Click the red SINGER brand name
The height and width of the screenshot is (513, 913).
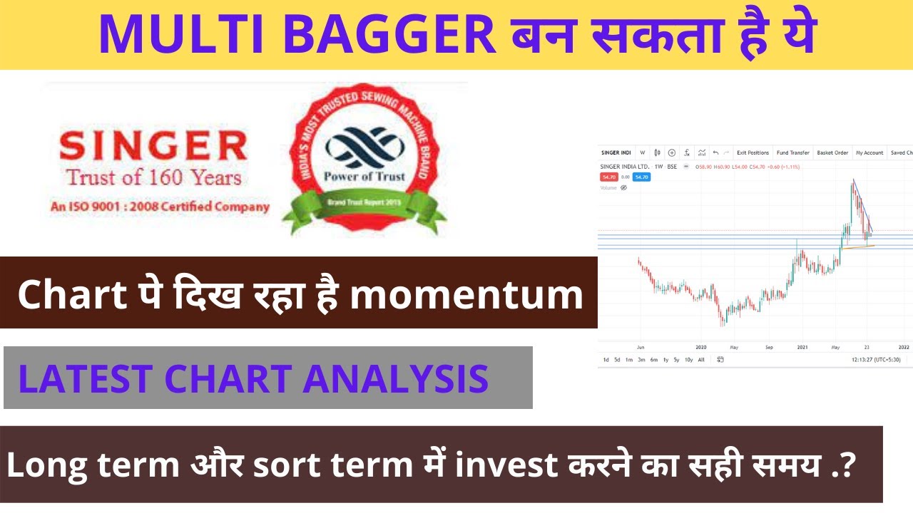pyautogui.click(x=153, y=147)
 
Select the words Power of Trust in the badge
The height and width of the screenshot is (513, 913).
pyautogui.click(x=364, y=176)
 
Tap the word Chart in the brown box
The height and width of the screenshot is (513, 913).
pyautogui.click(x=63, y=295)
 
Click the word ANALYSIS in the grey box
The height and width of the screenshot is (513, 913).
pyautogui.click(x=396, y=379)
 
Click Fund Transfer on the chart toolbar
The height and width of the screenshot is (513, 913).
pyautogui.click(x=792, y=152)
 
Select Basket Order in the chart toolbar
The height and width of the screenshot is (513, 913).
pyautogui.click(x=832, y=152)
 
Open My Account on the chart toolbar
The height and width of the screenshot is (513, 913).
pyautogui.click(x=869, y=152)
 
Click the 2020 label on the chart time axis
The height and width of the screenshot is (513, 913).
pyautogui.click(x=700, y=347)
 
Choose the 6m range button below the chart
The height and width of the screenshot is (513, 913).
pyautogui.click(x=654, y=360)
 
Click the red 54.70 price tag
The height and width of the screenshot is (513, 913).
pyautogui.click(x=608, y=177)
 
